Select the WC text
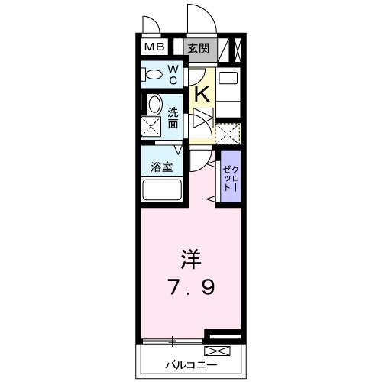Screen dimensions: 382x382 point(173,75)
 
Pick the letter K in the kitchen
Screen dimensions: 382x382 point(202,94)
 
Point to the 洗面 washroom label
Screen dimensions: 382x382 point(173,116)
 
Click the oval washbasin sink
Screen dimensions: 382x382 point(154,105)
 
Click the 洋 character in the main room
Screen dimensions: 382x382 point(191,259)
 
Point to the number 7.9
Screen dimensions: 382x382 point(191,288)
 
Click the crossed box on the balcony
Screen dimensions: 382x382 point(216,351)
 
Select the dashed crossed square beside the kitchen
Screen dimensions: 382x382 point(227,133)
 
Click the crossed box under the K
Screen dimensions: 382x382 point(202,120)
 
